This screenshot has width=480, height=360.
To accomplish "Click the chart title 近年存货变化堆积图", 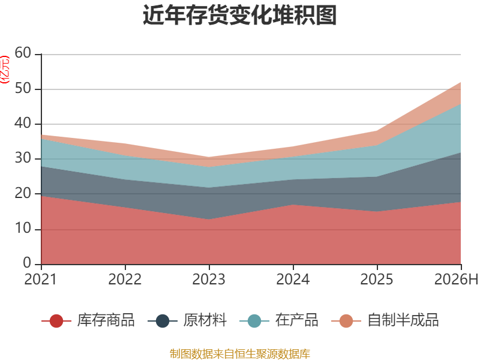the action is [x=239, y=15].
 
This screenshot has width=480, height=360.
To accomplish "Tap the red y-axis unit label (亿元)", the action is [x=5, y=70].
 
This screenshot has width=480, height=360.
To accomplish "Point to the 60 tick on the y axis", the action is [x=23, y=53].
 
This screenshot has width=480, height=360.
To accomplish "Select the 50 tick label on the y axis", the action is [x=23, y=88].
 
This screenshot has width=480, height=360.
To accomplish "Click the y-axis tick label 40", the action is [x=23, y=124].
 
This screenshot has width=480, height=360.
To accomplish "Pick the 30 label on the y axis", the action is [x=23, y=158].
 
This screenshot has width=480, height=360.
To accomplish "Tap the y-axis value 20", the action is [x=23, y=193].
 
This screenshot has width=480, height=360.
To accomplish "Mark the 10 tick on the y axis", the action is [x=23, y=229].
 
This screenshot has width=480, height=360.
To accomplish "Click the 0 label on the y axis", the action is [x=27, y=263].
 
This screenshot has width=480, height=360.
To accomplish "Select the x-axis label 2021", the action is [x=41, y=279].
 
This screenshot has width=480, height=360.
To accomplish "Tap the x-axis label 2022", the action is [x=125, y=279].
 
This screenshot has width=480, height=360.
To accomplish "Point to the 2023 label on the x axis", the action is [x=209, y=279].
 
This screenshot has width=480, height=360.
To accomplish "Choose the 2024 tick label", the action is [x=293, y=279].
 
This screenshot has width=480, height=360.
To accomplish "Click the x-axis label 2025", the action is [x=377, y=279].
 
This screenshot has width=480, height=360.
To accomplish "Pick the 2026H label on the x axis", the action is [x=456, y=279].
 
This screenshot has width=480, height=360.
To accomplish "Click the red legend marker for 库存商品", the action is [x=56, y=321].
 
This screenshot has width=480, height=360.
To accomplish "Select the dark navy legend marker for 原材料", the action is [x=163, y=321].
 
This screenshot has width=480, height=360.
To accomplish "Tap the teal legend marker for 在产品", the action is [x=254, y=321].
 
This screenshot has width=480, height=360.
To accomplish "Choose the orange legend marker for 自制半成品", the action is [x=346, y=321].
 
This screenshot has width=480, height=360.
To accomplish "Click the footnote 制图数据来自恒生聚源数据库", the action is [x=240, y=354].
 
